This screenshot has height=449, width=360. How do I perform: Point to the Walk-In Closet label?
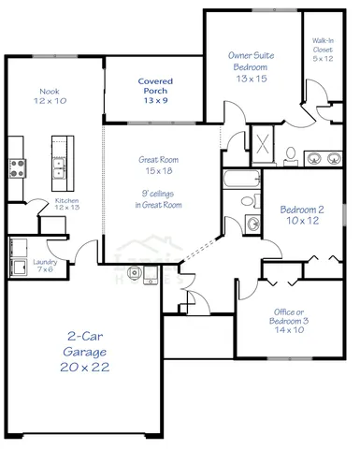(x=323, y=50)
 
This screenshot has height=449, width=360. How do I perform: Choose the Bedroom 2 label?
(x=302, y=216)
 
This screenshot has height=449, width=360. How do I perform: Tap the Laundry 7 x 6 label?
(x=45, y=267)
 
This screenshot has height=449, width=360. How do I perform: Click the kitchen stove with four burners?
(x=17, y=169)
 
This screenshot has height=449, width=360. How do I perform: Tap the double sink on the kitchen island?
(x=59, y=168)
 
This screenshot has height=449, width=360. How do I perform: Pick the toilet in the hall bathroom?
(x=248, y=201)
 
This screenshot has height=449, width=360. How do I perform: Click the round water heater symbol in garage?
(x=136, y=273)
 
